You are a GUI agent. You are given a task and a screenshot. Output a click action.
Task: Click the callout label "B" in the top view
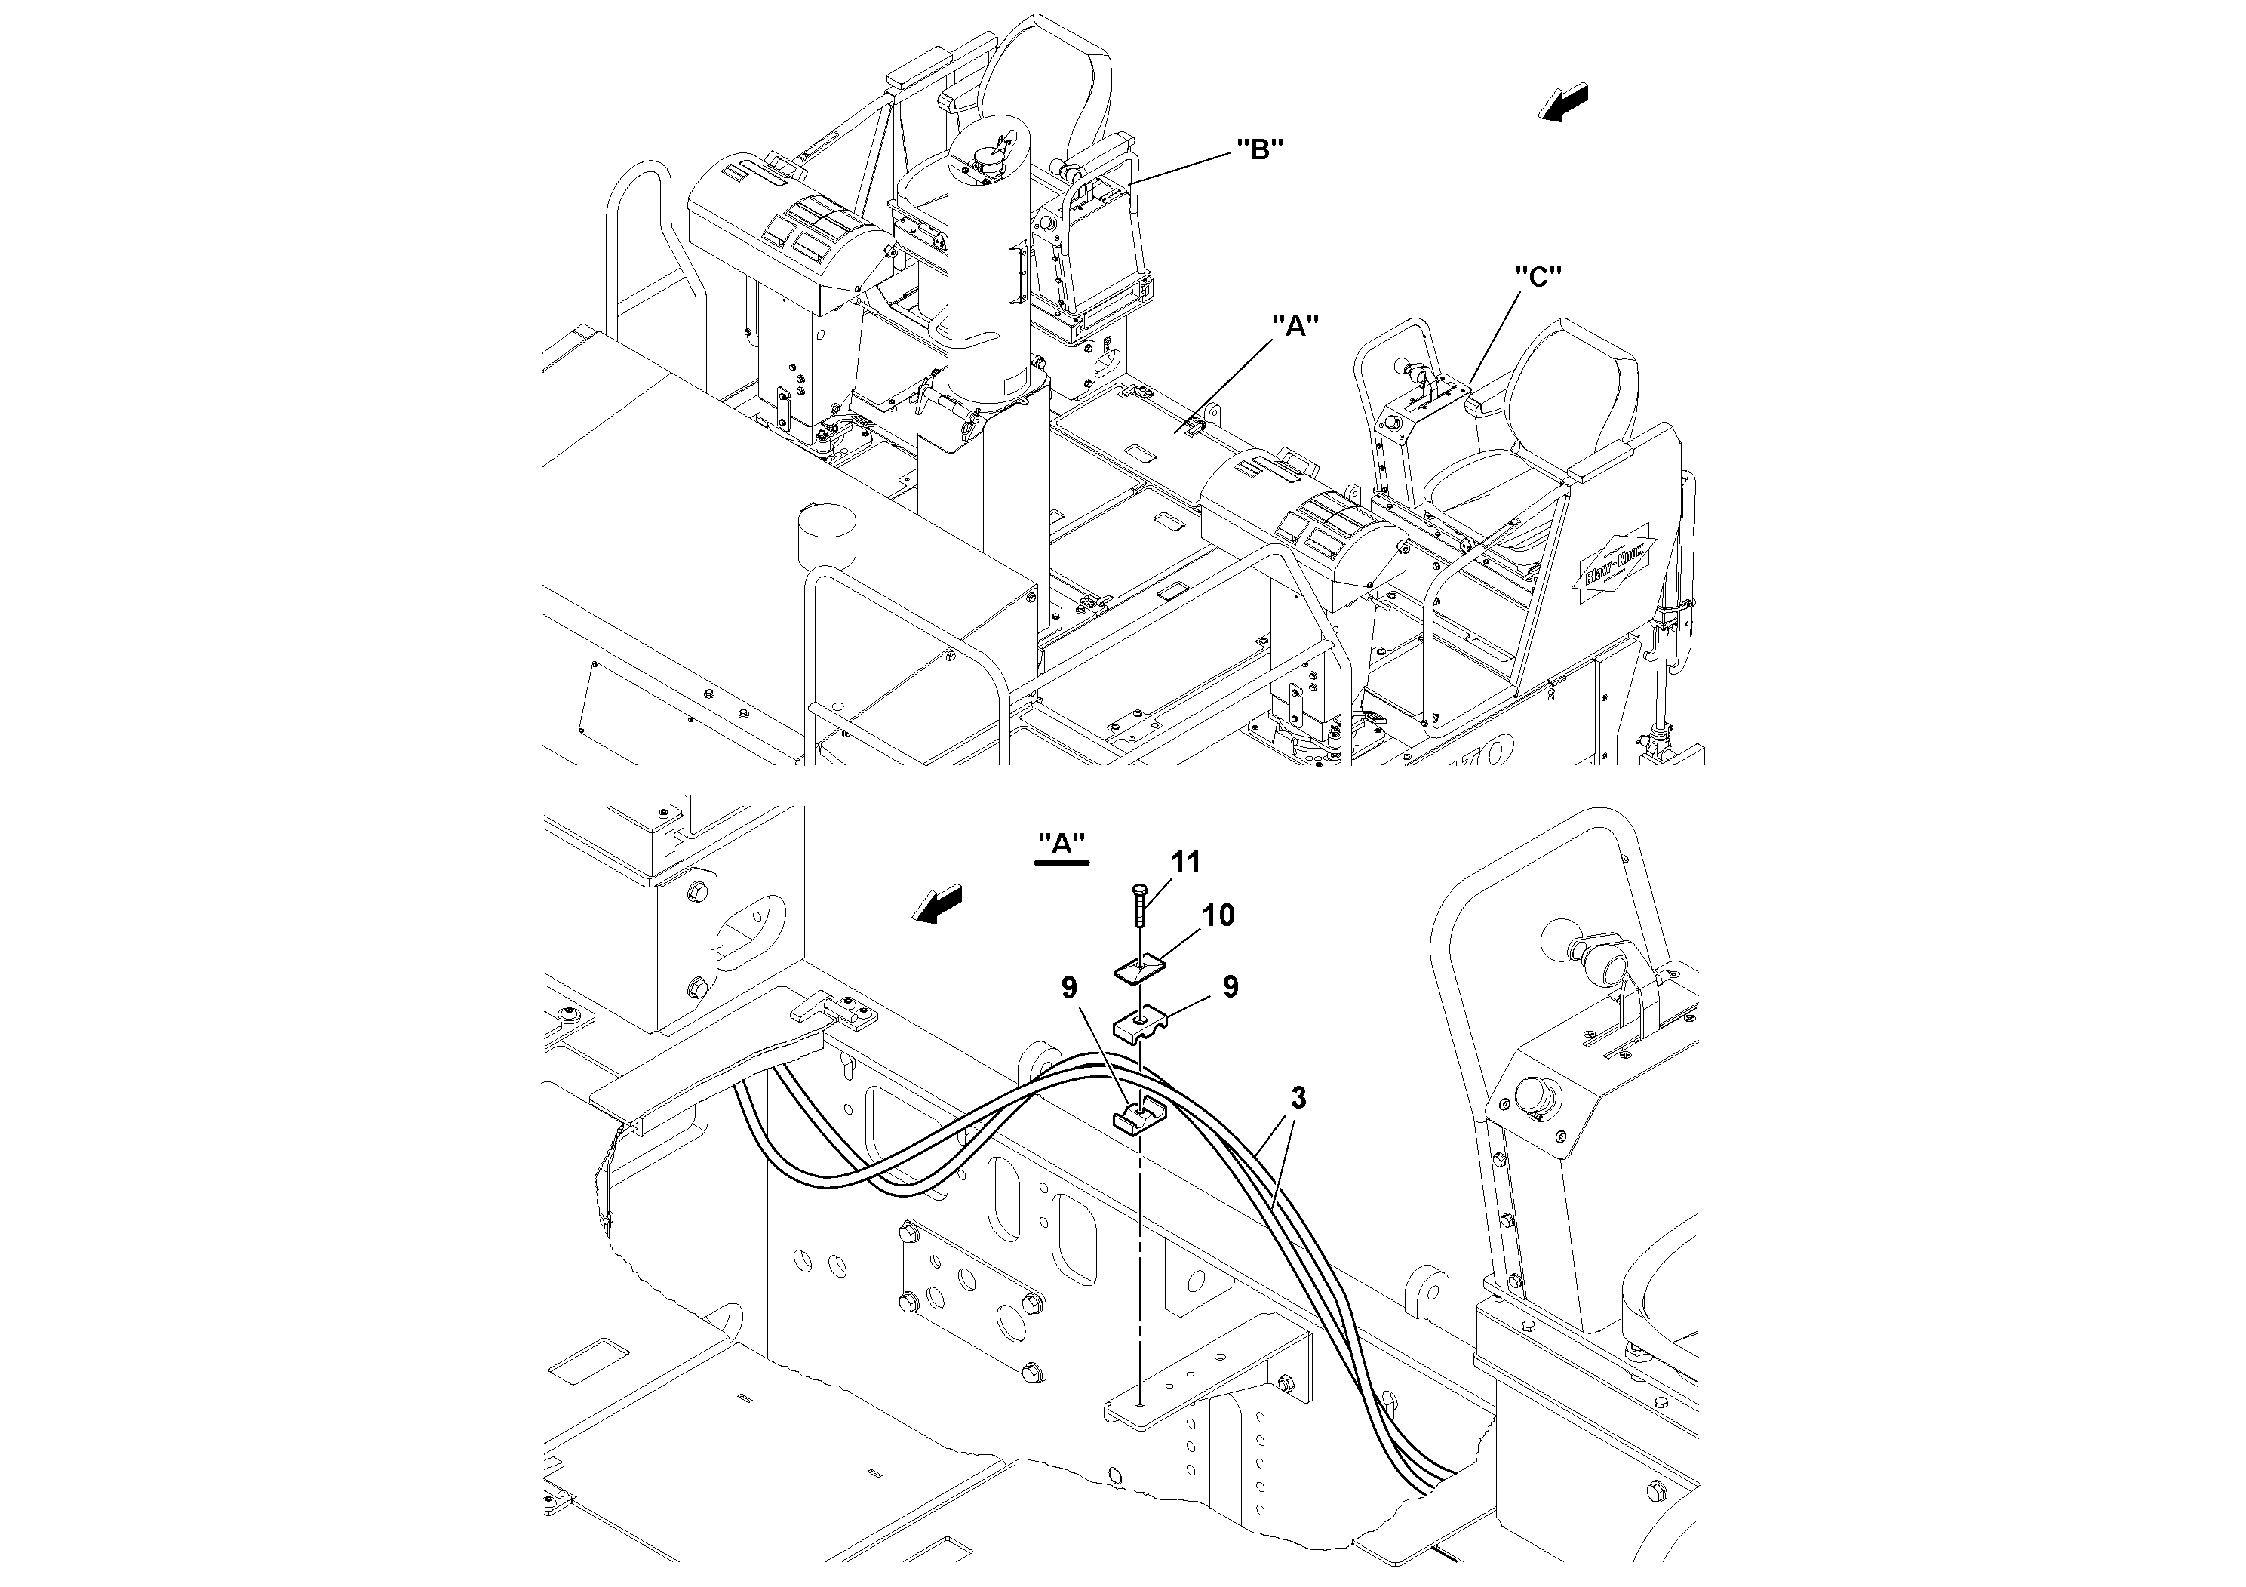click(x=1259, y=149)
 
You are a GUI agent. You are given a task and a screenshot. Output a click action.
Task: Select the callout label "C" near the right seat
click(x=1537, y=278)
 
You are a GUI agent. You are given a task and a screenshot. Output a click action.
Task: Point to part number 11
click(x=1185, y=862)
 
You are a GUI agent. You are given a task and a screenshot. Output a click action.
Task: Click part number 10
click(x=1218, y=915)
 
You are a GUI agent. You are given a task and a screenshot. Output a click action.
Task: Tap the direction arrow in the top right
click(x=1564, y=102)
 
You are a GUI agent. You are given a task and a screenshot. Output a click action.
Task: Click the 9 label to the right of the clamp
click(x=1230, y=987)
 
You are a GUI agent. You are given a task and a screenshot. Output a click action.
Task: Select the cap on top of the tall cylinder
click(x=990, y=155)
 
